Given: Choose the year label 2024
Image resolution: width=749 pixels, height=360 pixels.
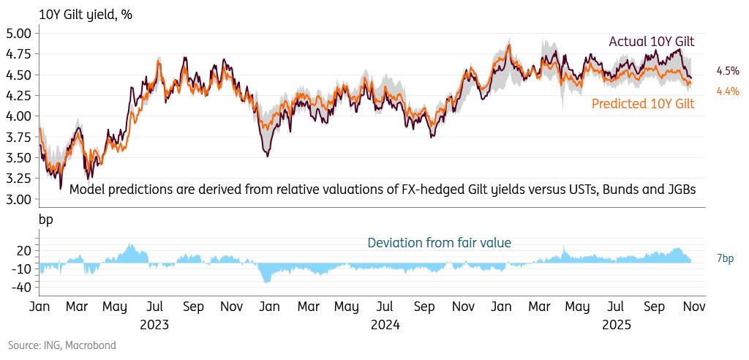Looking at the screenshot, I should coord(385,323).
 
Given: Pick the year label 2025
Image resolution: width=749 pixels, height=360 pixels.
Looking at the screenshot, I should coord(616,323).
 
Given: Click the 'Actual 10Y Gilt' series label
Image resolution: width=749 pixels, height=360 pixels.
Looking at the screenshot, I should coord(652,42).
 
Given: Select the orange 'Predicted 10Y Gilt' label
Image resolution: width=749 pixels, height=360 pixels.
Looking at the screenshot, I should coord(642,104).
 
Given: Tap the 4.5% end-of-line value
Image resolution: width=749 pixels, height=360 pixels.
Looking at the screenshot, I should coord(728,71).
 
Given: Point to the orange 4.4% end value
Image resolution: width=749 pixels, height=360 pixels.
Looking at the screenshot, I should coord(728,91).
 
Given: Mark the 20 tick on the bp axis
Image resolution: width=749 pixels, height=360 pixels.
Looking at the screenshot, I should coord(23,250).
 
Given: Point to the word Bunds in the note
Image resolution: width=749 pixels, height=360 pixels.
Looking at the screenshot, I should coord(603,190).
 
